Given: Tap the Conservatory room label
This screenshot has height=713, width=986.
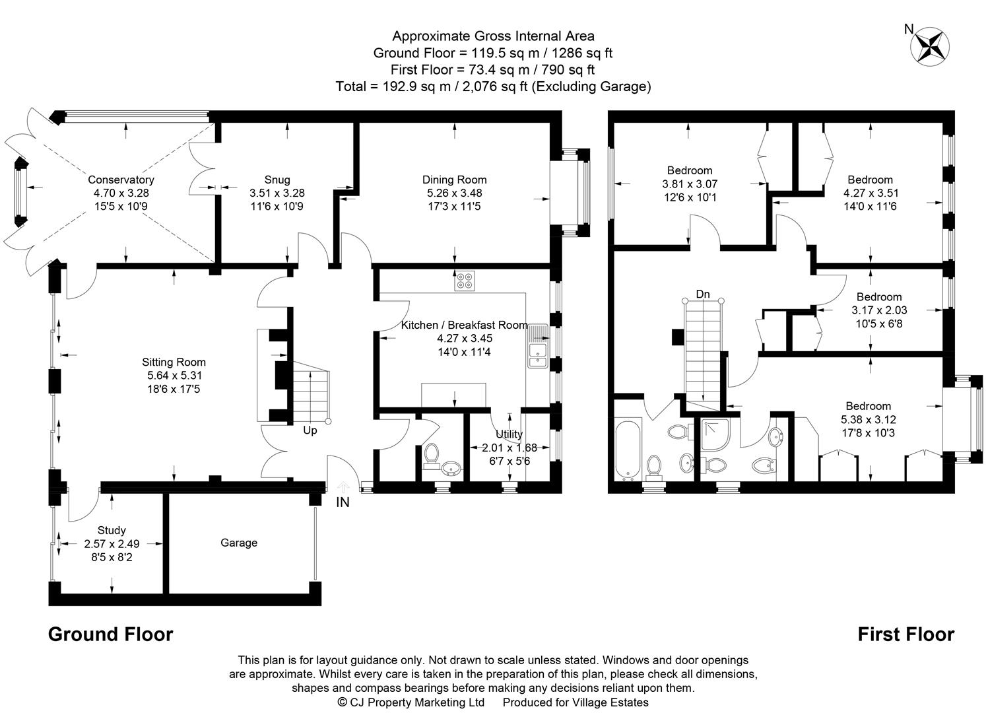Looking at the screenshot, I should tap(121, 180).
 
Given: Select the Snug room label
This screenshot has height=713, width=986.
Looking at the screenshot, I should tap(277, 180).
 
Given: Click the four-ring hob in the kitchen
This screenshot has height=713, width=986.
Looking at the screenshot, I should tap(464, 281).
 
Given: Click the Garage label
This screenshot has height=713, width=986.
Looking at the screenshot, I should tap(238, 543).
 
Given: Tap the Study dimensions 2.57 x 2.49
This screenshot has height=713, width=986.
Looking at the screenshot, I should tap(112, 544).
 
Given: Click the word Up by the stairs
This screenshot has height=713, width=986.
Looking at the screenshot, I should tap(310, 430).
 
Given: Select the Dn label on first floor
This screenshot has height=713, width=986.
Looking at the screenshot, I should tap(703, 294).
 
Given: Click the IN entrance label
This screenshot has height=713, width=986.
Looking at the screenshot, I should tap(343, 502).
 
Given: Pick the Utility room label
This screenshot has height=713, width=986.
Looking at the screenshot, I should tap(509, 434).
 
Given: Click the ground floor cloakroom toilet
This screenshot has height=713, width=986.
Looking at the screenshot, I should tap(432, 454).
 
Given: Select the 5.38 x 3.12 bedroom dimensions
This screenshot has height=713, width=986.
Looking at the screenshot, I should tap(868, 419).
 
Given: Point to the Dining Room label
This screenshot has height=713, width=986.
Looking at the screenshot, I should tap(454, 180).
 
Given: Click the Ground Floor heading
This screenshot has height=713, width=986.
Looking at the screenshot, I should tap(110, 634).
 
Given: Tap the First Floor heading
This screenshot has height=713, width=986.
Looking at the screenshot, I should tap(905, 634).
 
